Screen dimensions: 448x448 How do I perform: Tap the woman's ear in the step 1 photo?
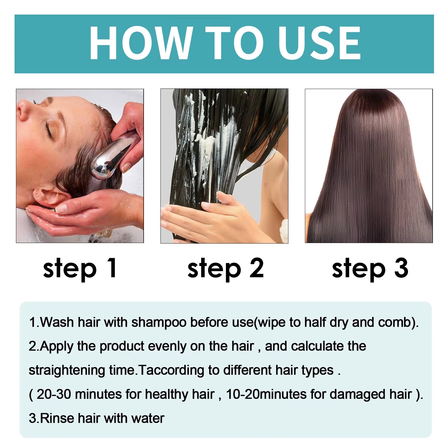(x=49, y=196)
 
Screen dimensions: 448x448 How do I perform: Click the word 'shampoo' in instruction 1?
(x=159, y=323)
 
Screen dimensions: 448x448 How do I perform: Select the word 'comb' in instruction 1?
(x=395, y=323)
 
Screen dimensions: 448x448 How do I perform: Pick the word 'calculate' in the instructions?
(x=318, y=346)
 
